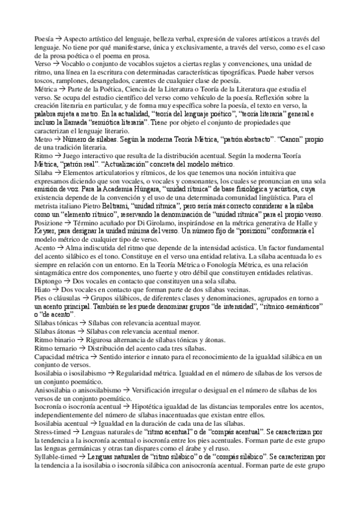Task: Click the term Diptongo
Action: click(x=47, y=281)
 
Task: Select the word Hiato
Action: click(x=42, y=290)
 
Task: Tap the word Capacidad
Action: click(x=51, y=357)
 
